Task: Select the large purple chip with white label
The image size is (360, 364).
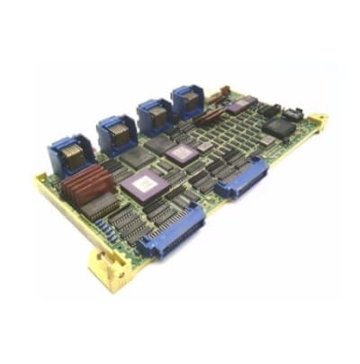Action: [x=143, y=187]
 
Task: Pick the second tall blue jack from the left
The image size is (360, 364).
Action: [x=116, y=133]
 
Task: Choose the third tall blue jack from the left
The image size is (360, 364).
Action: [x=153, y=116]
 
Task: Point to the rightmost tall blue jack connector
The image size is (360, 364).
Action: [x=188, y=100]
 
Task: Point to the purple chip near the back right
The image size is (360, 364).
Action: [x=239, y=106]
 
